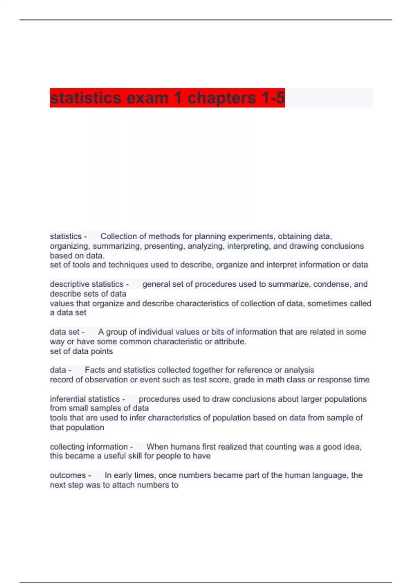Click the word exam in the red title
point(148,98)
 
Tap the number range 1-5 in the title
point(273,98)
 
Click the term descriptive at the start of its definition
point(67,284)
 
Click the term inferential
point(67,399)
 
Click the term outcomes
point(68,475)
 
